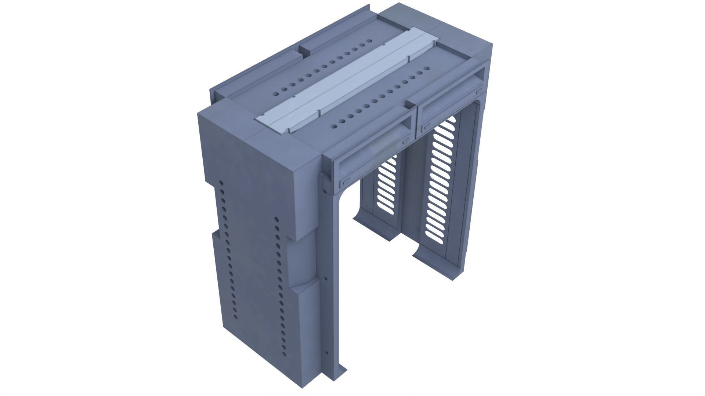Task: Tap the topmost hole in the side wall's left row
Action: [x=221, y=183]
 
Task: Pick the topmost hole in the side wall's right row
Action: [x=276, y=220]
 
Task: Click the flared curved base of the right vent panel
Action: [x=426, y=253]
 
